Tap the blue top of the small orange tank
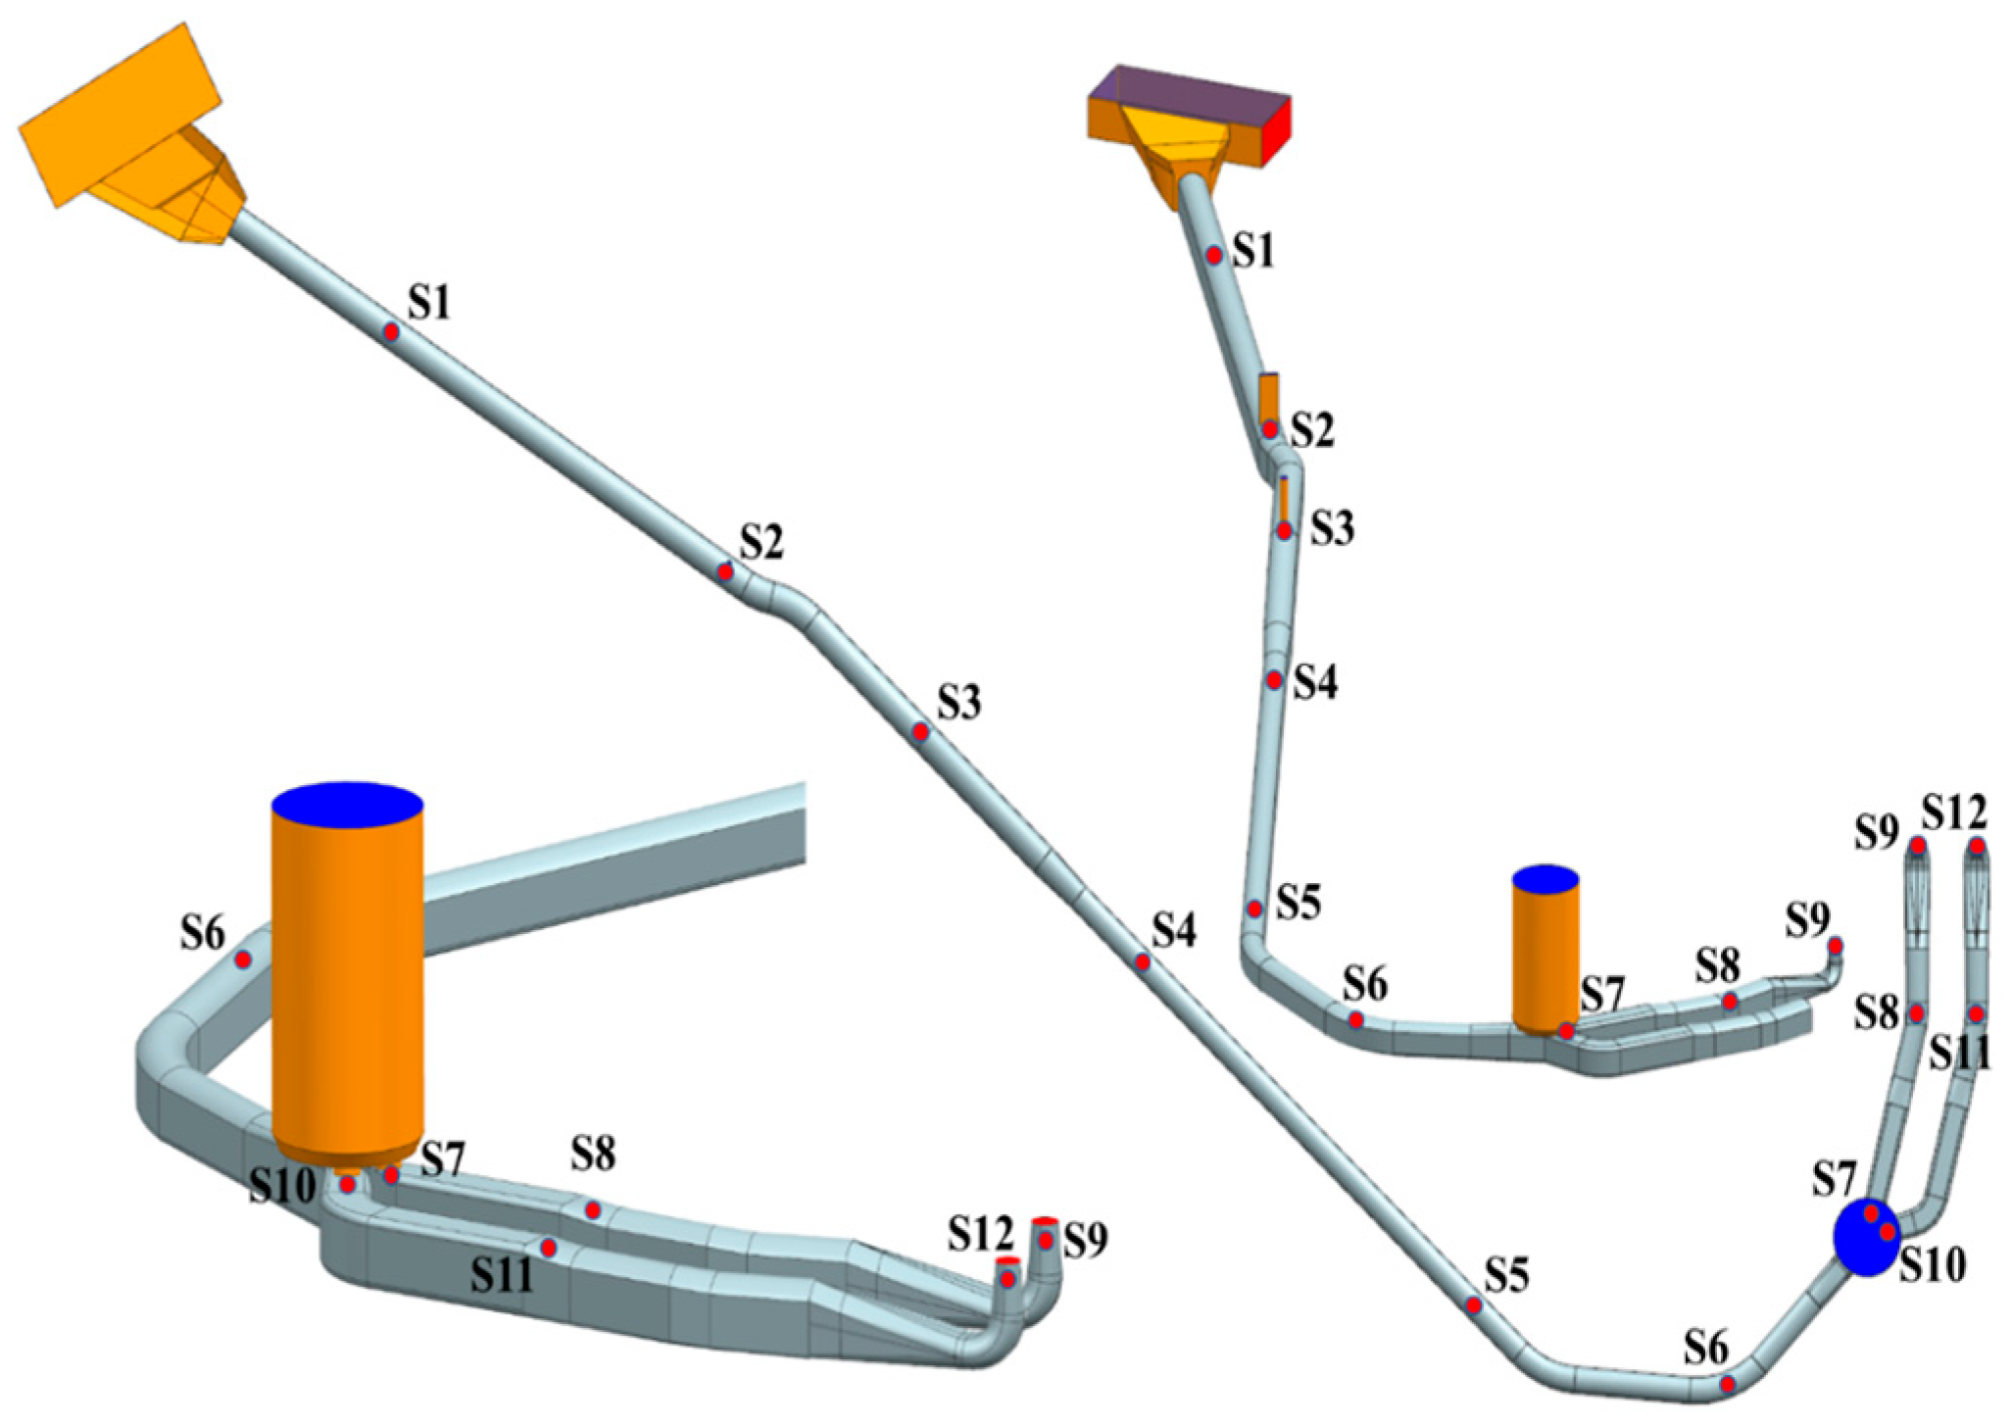tap(1546, 878)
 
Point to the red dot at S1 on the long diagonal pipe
tap(390, 332)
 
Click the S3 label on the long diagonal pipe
tap(958, 702)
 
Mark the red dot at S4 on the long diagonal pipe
tap(1143, 962)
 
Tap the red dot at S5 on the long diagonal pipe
tap(1473, 1305)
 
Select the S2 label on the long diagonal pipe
tap(761, 541)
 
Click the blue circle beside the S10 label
tap(1866, 1237)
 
